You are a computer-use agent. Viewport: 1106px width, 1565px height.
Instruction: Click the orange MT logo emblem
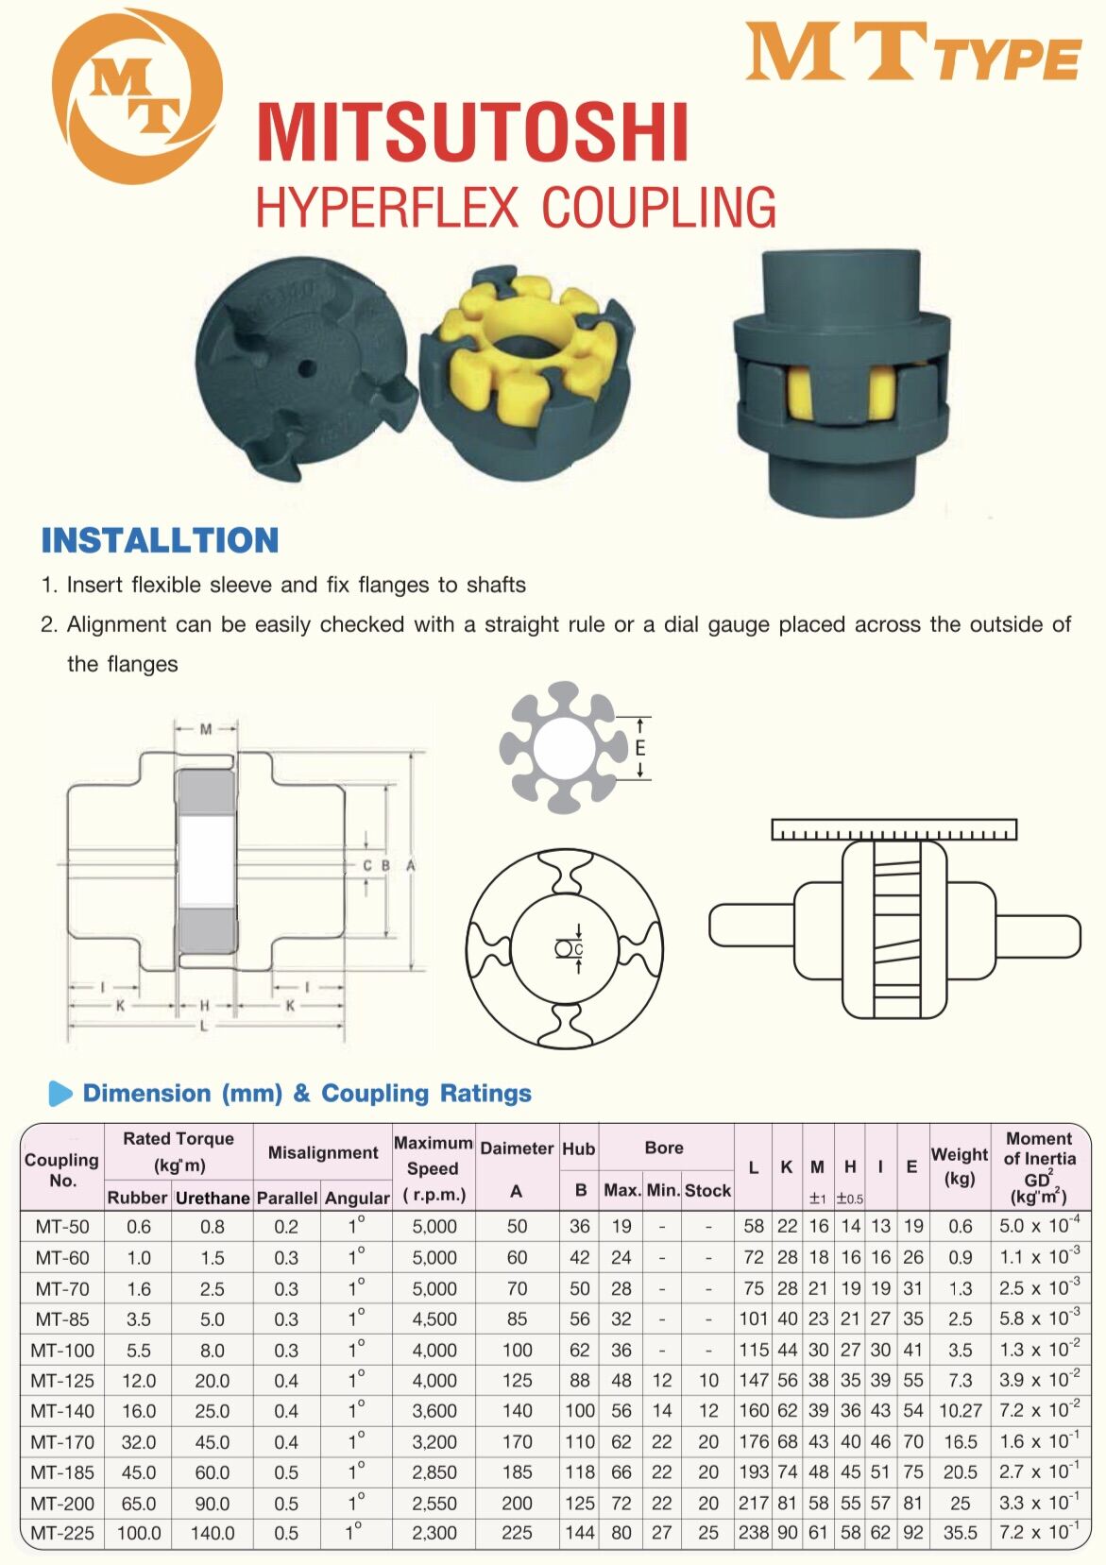[x=137, y=96]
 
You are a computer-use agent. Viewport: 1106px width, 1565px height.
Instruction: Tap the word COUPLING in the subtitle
[x=658, y=208]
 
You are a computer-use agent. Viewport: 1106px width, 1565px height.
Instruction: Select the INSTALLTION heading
[x=160, y=540]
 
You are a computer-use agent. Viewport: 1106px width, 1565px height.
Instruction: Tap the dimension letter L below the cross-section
[x=204, y=1026]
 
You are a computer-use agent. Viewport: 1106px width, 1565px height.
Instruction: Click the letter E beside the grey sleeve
[x=640, y=748]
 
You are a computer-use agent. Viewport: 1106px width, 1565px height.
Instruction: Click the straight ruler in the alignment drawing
[x=893, y=830]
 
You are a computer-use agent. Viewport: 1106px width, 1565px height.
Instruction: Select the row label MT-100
[x=62, y=1351]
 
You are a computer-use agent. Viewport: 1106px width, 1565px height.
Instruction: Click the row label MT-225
[x=62, y=1534]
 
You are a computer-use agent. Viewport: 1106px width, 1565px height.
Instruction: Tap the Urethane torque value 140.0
[x=213, y=1534]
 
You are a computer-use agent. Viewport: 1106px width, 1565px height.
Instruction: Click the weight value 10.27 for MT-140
[x=960, y=1411]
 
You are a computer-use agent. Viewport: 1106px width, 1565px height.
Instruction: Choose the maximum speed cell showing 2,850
[x=434, y=1472]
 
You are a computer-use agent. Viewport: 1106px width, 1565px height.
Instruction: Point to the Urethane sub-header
[x=213, y=1198]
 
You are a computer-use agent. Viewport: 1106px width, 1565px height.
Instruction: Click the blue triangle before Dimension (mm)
[x=60, y=1094]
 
